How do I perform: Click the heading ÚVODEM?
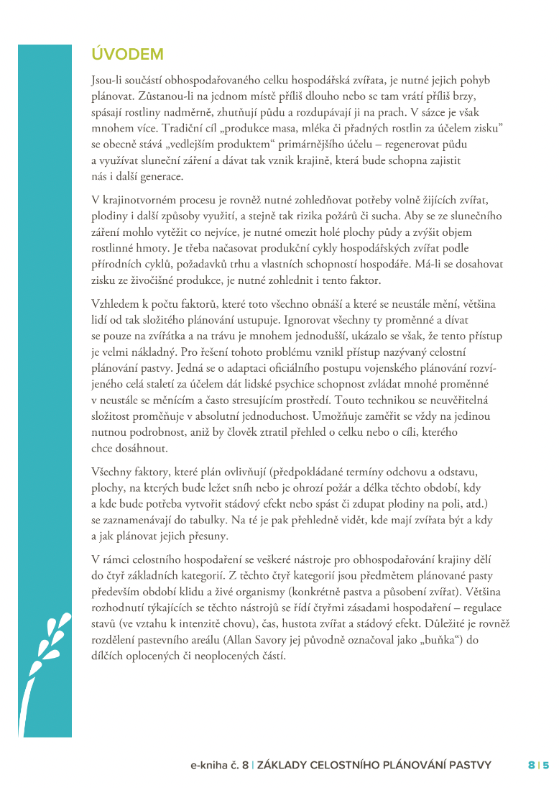point(128,54)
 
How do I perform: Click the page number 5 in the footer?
point(546,765)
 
